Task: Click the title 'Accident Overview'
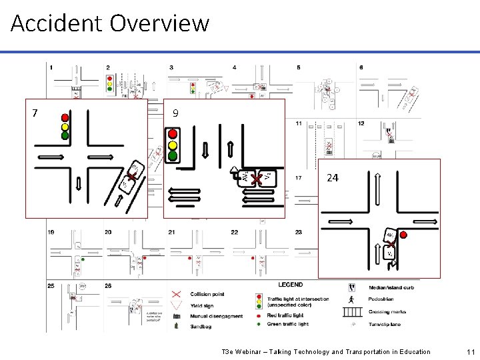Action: tap(110, 23)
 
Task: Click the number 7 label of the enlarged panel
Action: tap(35, 112)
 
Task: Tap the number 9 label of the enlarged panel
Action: tap(175, 114)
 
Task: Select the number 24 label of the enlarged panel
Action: tap(333, 178)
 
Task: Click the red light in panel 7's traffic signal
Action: tap(65, 115)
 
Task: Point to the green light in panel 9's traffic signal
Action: tap(173, 156)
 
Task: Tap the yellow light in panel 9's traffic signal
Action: tap(173, 144)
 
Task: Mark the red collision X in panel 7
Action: tap(132, 177)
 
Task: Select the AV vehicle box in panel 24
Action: tap(389, 237)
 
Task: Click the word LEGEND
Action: tap(290, 285)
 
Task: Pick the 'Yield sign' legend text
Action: tap(203, 305)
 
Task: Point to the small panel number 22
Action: tap(235, 232)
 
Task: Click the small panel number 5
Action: tap(298, 67)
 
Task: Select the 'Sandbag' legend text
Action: tap(201, 326)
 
